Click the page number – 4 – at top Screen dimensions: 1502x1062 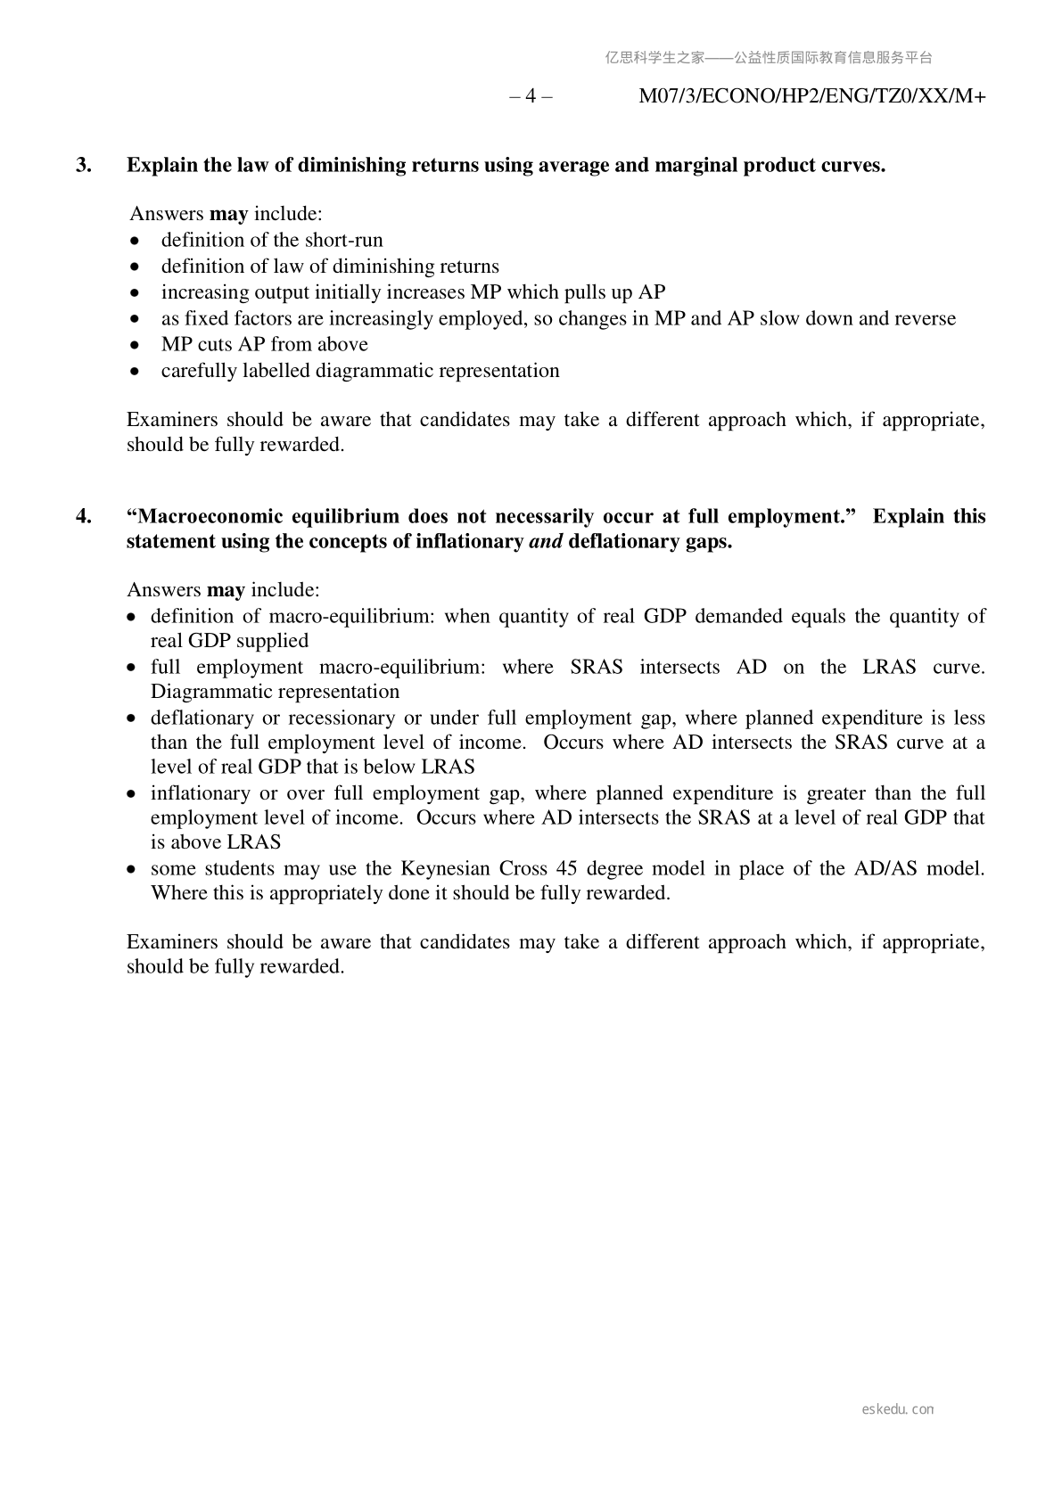click(531, 96)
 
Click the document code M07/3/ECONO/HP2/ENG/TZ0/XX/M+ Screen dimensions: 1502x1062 click(811, 96)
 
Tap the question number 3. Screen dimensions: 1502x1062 click(84, 165)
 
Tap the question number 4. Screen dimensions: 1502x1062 click(84, 516)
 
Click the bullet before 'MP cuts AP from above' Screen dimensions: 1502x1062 click(135, 345)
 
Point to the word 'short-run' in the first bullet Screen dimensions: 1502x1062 click(344, 240)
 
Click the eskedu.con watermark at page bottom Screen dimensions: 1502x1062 click(898, 1409)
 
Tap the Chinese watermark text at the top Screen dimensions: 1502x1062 click(769, 58)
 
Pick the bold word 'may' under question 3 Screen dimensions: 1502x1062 click(228, 214)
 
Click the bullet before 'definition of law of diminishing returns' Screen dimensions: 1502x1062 click(135, 267)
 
